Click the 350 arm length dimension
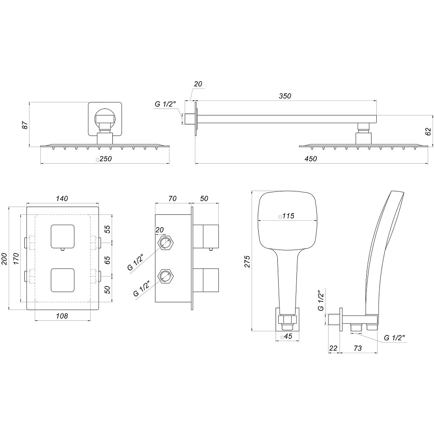[285, 95]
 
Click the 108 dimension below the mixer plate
[62, 316]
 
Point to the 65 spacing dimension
[107, 260]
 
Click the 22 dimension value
[333, 348]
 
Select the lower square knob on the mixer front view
[62, 280]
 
